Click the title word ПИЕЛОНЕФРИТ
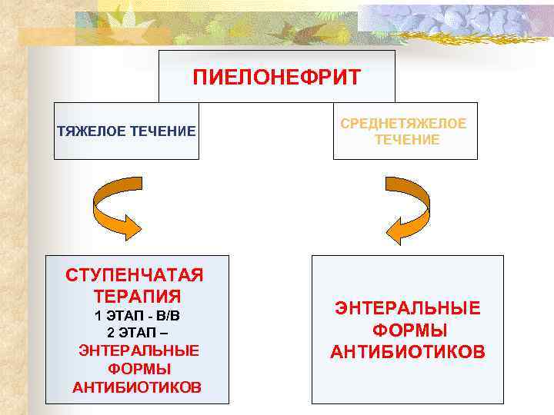click(x=276, y=78)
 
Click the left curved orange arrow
click(x=116, y=207)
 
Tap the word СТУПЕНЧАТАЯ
click(x=137, y=275)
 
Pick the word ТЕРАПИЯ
click(x=137, y=296)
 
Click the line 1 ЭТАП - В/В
click(x=137, y=316)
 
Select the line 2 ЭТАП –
click(x=137, y=333)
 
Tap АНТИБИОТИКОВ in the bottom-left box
click(x=137, y=387)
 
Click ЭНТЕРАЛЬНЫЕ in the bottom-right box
click(x=407, y=308)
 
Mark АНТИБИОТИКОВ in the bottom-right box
click(x=408, y=352)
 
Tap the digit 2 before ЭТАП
click(x=112, y=333)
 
